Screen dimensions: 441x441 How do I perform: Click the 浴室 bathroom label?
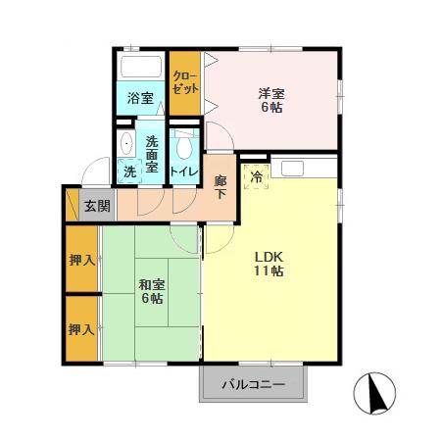140,98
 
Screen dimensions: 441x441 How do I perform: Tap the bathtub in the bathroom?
140,69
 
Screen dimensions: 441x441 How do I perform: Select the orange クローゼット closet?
183,82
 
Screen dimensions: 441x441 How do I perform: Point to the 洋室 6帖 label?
271,100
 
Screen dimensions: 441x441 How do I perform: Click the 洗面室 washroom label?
152,153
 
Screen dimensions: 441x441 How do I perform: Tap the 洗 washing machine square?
129,171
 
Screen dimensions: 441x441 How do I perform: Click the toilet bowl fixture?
183,147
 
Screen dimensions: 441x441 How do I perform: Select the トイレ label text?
183,171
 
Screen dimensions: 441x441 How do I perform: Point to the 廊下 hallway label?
221,187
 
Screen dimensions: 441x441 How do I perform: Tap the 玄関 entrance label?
96,206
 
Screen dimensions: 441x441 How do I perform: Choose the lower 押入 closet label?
81,329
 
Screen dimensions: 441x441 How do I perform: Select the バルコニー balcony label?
252,385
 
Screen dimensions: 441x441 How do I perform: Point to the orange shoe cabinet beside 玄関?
71,206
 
